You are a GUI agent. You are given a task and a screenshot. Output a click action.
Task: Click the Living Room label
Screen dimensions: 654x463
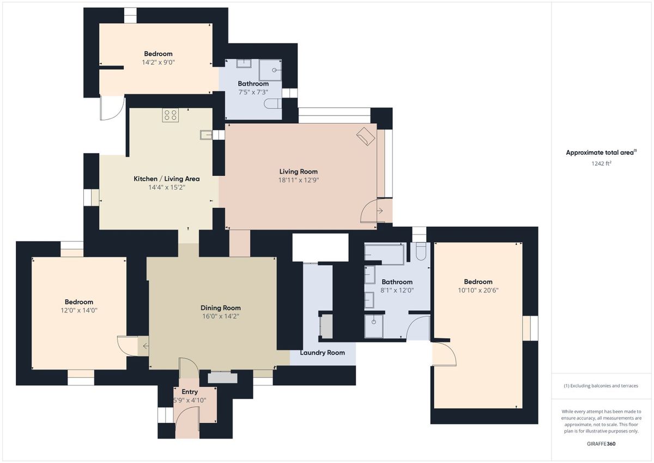click(x=299, y=171)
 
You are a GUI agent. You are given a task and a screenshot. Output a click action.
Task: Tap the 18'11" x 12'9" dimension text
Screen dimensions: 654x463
click(x=299, y=180)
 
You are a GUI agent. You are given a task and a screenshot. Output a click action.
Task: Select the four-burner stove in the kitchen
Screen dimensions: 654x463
click(x=171, y=115)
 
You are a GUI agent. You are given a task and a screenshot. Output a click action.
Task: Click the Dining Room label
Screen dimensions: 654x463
click(x=220, y=308)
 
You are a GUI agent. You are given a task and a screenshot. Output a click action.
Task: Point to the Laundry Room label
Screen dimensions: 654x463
click(x=322, y=353)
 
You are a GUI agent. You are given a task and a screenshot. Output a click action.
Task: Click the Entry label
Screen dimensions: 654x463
click(x=190, y=392)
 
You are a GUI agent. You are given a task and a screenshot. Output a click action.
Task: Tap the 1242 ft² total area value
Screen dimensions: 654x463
click(x=601, y=163)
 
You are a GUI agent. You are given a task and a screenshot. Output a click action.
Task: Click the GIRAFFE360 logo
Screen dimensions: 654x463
click(x=601, y=444)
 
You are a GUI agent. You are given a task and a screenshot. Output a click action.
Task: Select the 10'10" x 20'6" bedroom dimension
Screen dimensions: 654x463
click(x=478, y=290)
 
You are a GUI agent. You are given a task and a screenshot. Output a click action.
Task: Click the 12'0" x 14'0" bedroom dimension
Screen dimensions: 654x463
click(x=79, y=310)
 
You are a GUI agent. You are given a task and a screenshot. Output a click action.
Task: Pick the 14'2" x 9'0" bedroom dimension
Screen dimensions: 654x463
click(x=158, y=62)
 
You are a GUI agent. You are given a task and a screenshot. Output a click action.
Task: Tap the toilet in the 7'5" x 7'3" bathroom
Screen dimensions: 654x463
click(x=273, y=104)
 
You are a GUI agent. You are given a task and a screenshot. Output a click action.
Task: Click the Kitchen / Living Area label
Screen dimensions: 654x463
click(x=166, y=179)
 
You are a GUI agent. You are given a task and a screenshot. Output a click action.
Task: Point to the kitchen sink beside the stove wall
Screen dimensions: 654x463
click(x=206, y=135)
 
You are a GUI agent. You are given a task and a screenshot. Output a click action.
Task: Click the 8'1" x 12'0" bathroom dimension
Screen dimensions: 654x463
click(x=397, y=290)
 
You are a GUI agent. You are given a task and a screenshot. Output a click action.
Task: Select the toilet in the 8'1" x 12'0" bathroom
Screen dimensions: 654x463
click(x=421, y=251)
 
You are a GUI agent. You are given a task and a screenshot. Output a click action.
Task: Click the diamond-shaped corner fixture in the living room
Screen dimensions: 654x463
click(x=366, y=136)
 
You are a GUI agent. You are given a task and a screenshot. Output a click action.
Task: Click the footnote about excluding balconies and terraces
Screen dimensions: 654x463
click(x=601, y=386)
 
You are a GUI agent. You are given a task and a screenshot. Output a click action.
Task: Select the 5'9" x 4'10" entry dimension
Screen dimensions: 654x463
click(x=190, y=400)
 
